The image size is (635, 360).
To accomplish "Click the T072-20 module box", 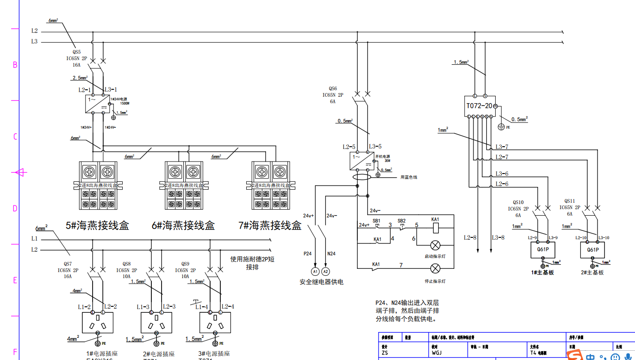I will [479, 106].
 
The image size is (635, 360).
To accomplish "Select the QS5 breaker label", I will [76, 52].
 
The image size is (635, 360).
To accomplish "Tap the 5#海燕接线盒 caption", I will [97, 226].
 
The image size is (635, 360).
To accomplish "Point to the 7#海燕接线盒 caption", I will [269, 226].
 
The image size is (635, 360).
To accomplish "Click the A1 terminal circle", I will [315, 271].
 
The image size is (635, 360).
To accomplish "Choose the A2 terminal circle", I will [326, 271].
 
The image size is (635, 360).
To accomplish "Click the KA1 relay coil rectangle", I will [436, 228].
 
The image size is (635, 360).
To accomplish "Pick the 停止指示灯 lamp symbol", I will [436, 268].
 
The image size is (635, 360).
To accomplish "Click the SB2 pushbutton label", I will [401, 221].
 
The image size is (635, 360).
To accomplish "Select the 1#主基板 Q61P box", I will [542, 250].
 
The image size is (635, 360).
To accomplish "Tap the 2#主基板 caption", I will [592, 273].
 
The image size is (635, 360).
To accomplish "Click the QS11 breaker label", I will [569, 201].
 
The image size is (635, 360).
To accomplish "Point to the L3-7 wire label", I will [502, 147].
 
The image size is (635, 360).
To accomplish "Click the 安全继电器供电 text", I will [321, 282].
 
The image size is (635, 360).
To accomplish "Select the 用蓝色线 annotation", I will [409, 177].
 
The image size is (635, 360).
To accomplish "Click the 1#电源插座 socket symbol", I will [98, 322].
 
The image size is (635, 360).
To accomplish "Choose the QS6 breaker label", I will [333, 88].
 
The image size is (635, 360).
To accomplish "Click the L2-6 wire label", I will [502, 184].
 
